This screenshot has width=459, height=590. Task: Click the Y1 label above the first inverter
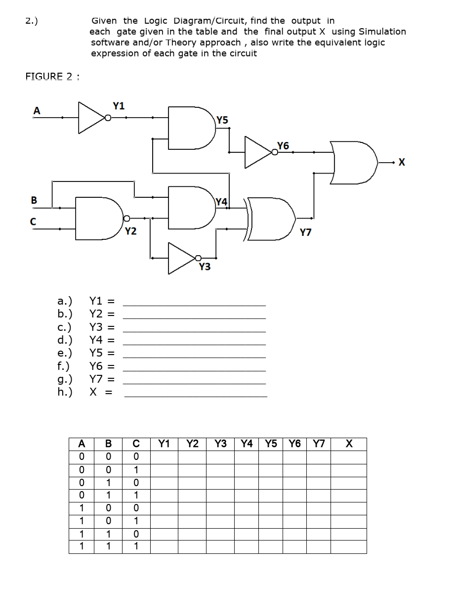click(119, 105)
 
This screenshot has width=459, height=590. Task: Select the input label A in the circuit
click(36, 111)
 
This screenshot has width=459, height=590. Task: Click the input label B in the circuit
click(34, 200)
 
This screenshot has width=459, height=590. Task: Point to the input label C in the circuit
click(34, 222)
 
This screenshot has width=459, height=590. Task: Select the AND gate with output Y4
click(190, 207)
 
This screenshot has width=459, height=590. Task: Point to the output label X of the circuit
click(401, 162)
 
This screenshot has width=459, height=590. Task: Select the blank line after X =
click(195, 395)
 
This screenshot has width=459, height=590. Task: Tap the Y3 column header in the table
click(221, 444)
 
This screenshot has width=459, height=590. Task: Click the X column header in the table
click(348, 444)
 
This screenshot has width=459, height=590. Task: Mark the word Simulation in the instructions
click(382, 32)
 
